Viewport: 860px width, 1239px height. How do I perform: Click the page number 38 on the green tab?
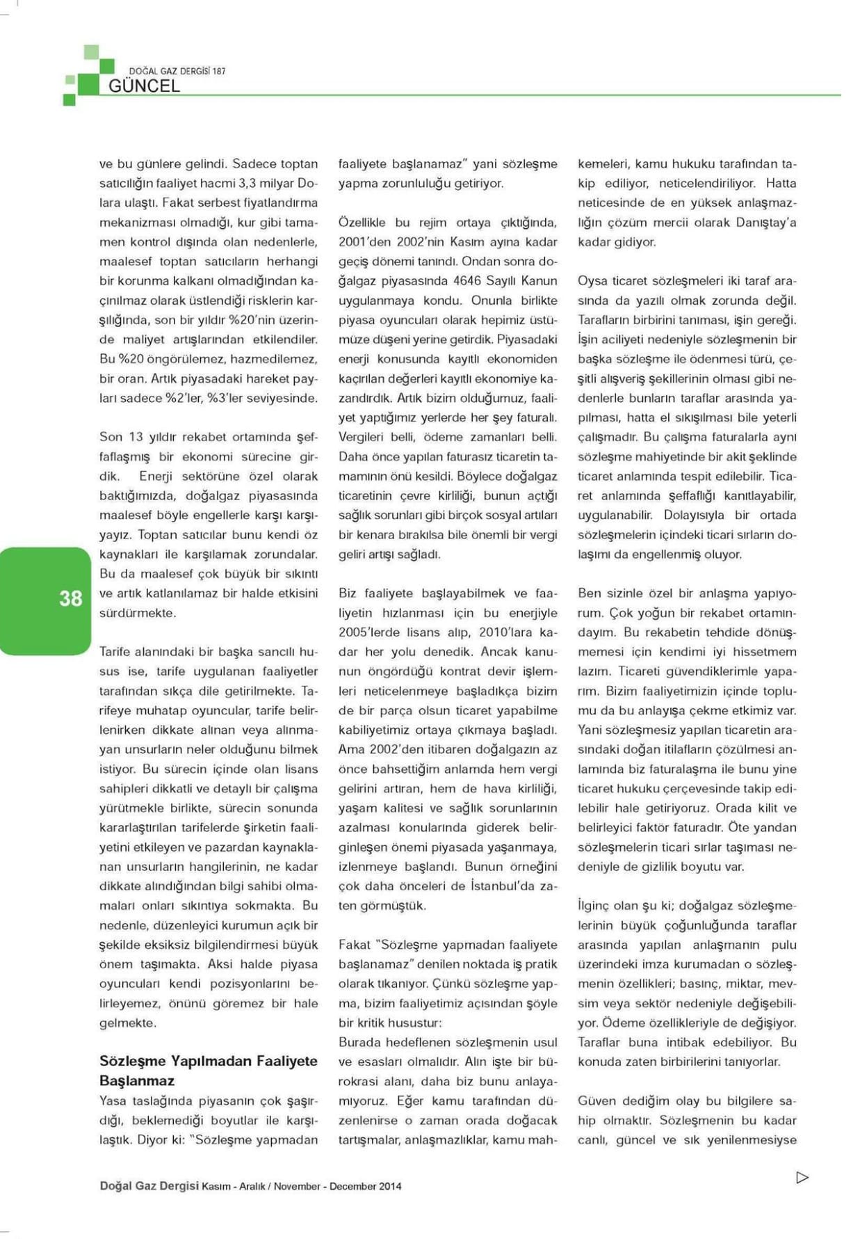(x=70, y=598)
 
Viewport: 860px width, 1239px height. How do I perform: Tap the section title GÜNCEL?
(x=144, y=86)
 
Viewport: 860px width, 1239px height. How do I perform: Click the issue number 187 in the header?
(x=218, y=71)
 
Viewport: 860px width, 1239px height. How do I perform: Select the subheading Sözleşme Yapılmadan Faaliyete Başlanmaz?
(x=208, y=1071)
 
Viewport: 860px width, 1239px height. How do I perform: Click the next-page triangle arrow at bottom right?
(x=802, y=1177)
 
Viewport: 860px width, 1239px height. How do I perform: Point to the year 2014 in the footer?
(x=389, y=1186)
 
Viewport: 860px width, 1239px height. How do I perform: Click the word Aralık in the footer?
(x=252, y=1186)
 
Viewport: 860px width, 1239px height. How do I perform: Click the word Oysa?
(x=592, y=281)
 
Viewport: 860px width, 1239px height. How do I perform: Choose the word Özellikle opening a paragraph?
(x=362, y=223)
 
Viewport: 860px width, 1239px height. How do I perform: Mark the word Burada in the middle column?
(x=359, y=1042)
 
